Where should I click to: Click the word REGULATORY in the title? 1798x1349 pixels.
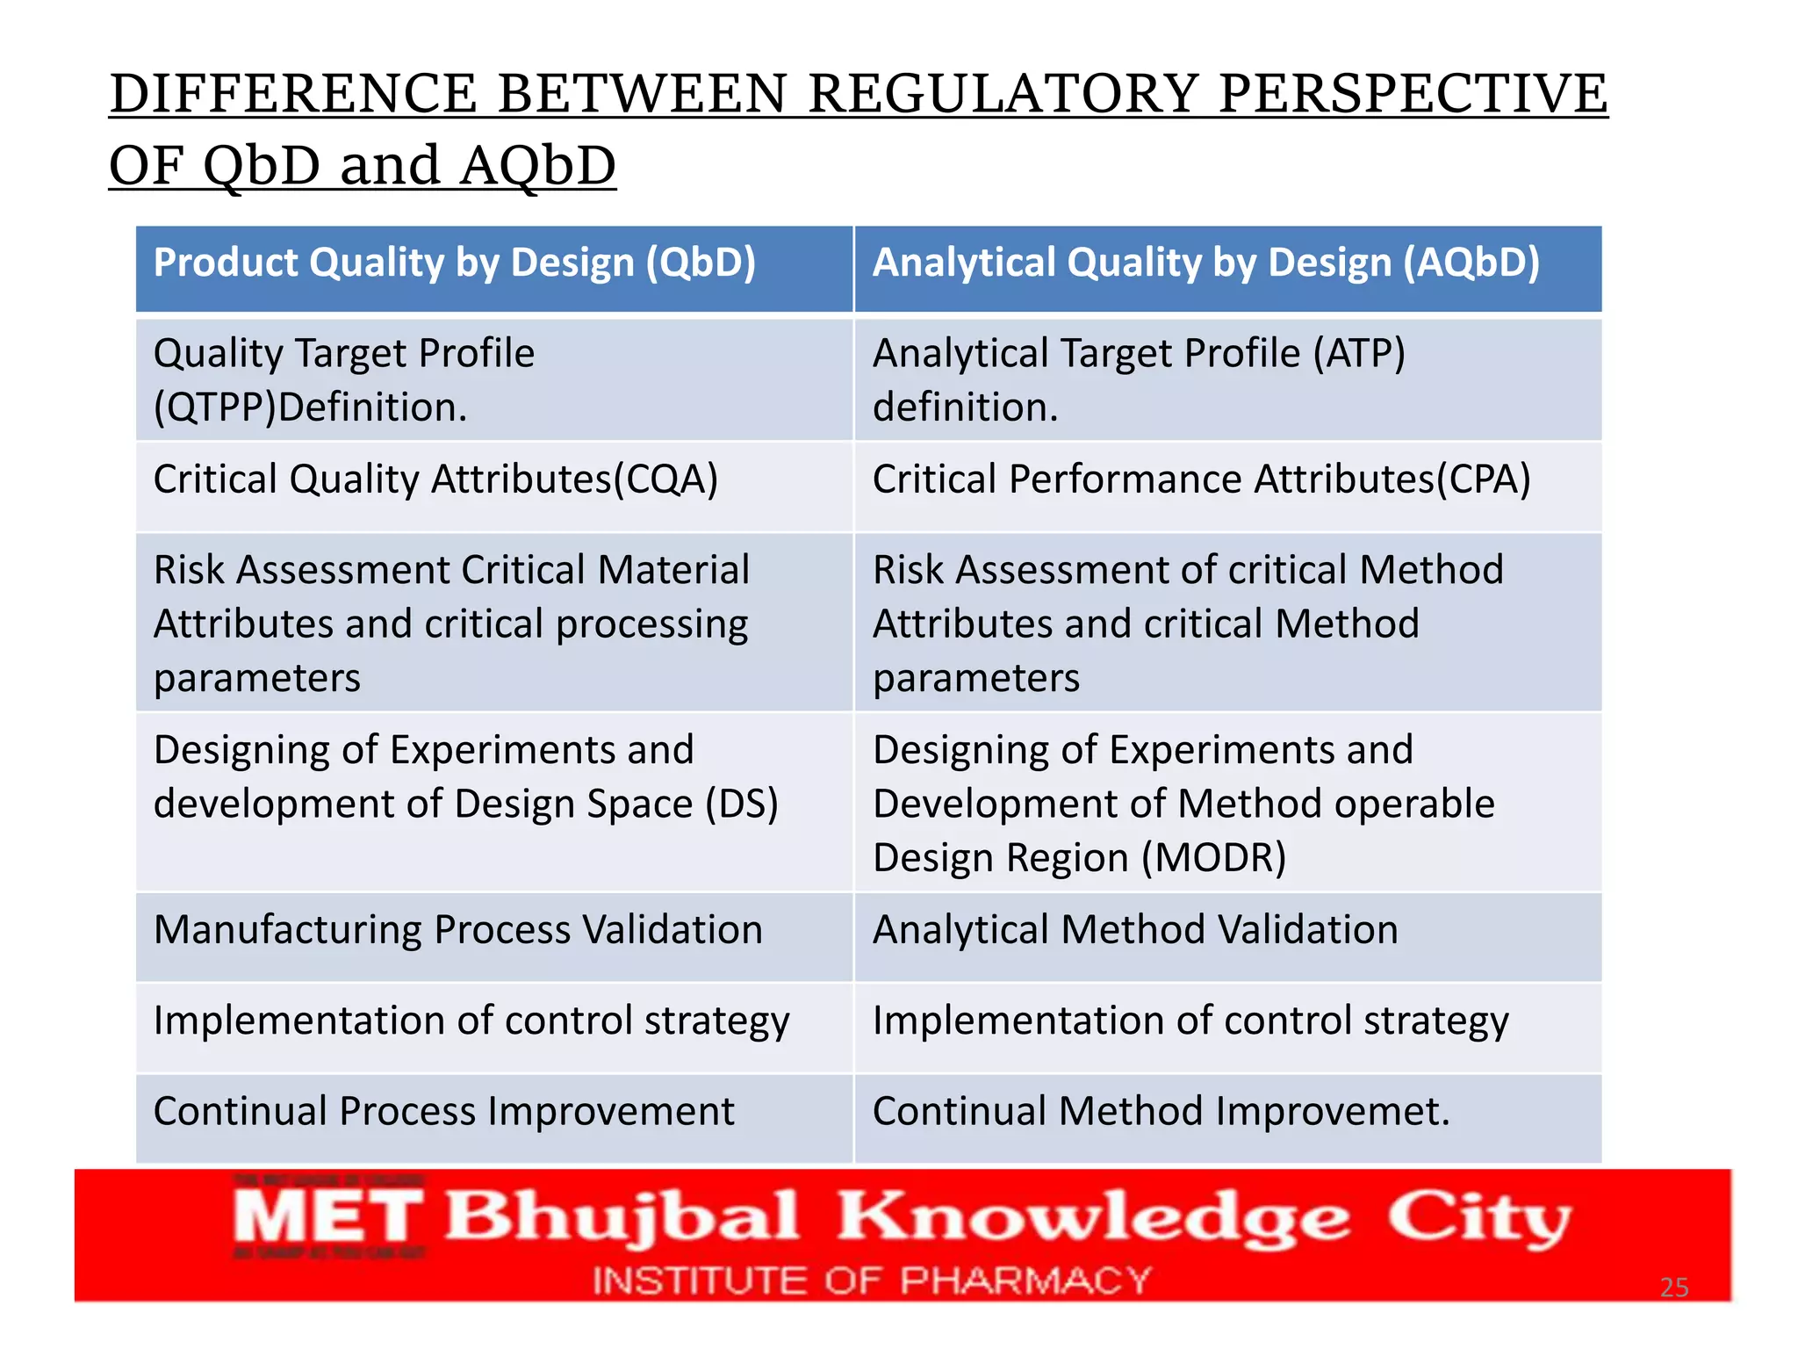[x=1002, y=94]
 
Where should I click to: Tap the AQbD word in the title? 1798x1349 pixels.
[x=537, y=166]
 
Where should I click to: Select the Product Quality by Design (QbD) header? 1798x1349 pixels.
[x=454, y=263]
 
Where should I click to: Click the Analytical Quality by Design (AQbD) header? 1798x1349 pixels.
[x=1205, y=263]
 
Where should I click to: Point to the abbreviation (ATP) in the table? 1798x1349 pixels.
[x=1359, y=354]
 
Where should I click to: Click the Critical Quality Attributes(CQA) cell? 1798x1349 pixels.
[x=435, y=480]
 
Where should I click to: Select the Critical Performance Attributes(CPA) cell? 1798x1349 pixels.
[x=1201, y=480]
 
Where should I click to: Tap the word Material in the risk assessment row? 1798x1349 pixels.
[x=673, y=570]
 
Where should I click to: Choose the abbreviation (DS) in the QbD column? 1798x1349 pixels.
[x=742, y=804]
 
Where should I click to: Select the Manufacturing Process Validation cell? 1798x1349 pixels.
[x=457, y=930]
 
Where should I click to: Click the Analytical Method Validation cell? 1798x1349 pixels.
[x=1134, y=930]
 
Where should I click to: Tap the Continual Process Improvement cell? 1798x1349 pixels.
[x=443, y=1112]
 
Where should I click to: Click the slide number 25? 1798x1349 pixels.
[x=1673, y=1288]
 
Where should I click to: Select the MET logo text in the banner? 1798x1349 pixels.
[x=328, y=1217]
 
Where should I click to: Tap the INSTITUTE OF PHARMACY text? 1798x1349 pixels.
[x=871, y=1280]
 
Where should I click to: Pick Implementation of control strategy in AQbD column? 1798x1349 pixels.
[x=1190, y=1021]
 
